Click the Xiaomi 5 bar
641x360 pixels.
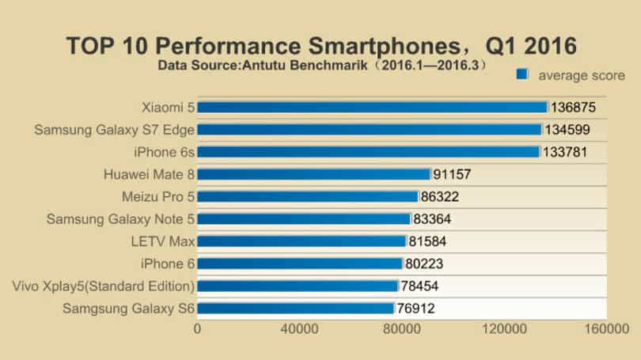click(x=372, y=107)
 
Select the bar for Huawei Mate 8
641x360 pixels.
click(x=313, y=174)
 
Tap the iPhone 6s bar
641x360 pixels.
click(x=368, y=152)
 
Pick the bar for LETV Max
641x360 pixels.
click(x=302, y=241)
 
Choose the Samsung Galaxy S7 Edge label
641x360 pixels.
click(x=114, y=130)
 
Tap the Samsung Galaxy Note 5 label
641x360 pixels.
click(x=120, y=219)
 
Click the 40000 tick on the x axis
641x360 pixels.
click(x=299, y=328)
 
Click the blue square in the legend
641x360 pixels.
click(x=522, y=74)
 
